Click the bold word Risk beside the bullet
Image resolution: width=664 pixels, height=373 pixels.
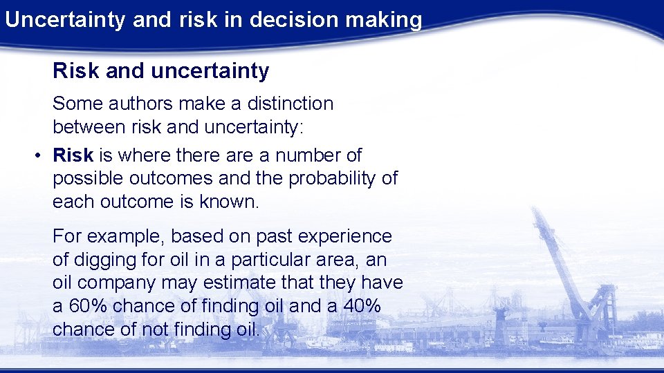coord(73,155)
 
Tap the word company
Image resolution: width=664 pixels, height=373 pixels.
coord(117,283)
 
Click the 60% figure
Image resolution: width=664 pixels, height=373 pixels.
coord(86,306)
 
